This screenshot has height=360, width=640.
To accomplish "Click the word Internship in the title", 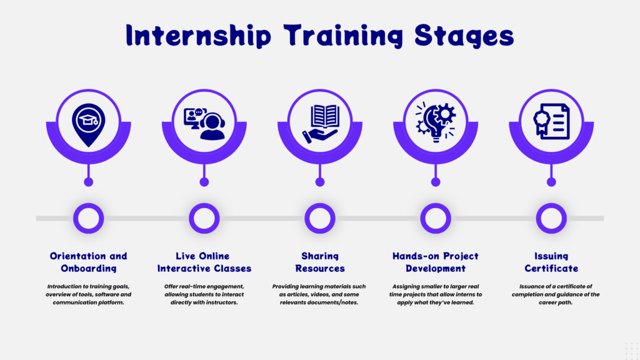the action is pos(198,35).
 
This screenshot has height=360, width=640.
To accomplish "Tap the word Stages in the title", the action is pos(464,36).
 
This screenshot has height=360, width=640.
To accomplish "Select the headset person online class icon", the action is pos(204,124).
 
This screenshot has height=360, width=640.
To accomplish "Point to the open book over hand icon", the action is pos(321,124).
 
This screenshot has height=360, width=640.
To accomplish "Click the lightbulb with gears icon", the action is pos(436,122).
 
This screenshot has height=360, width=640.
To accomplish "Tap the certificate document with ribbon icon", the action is pos(551,121).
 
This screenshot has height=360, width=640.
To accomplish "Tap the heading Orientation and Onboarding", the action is pos(89,262).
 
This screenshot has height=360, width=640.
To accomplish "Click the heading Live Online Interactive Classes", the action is pos(204,262).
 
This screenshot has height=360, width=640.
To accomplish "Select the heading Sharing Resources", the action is pos(320,262).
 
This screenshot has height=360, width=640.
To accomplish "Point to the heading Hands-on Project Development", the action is pos(436,262).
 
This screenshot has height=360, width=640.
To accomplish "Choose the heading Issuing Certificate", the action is pos(551,262).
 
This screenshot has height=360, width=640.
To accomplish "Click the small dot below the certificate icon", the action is pos(551,182).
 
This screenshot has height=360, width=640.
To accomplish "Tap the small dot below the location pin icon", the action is pos(89,182).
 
